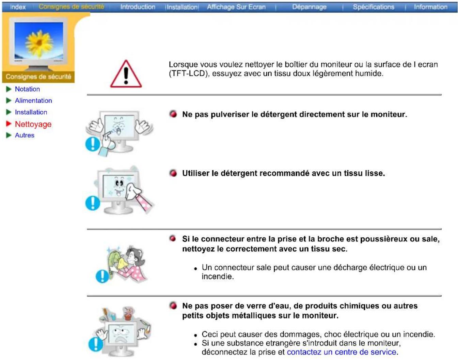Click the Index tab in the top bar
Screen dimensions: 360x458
pos(18,7)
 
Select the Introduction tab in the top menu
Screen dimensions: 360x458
pos(138,7)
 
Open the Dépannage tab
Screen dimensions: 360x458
pos(309,7)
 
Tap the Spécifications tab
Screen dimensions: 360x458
pos(374,7)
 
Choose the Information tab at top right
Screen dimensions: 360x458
pos(430,7)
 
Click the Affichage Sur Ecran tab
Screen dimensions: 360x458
pos(236,7)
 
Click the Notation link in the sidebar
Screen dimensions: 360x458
pos(27,89)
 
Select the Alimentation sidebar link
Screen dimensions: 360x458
pos(33,101)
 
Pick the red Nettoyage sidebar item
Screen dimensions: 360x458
pos(33,124)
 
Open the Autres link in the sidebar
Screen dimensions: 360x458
pos(25,136)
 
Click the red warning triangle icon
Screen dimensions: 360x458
pos(126,75)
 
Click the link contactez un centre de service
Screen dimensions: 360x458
pos(342,352)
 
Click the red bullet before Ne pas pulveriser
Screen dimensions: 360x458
pos(173,114)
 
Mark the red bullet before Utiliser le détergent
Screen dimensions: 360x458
pos(173,173)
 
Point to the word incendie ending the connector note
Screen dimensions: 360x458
pos(218,277)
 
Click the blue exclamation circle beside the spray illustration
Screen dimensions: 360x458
pos(92,144)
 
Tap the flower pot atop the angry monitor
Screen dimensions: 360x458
pos(128,314)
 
